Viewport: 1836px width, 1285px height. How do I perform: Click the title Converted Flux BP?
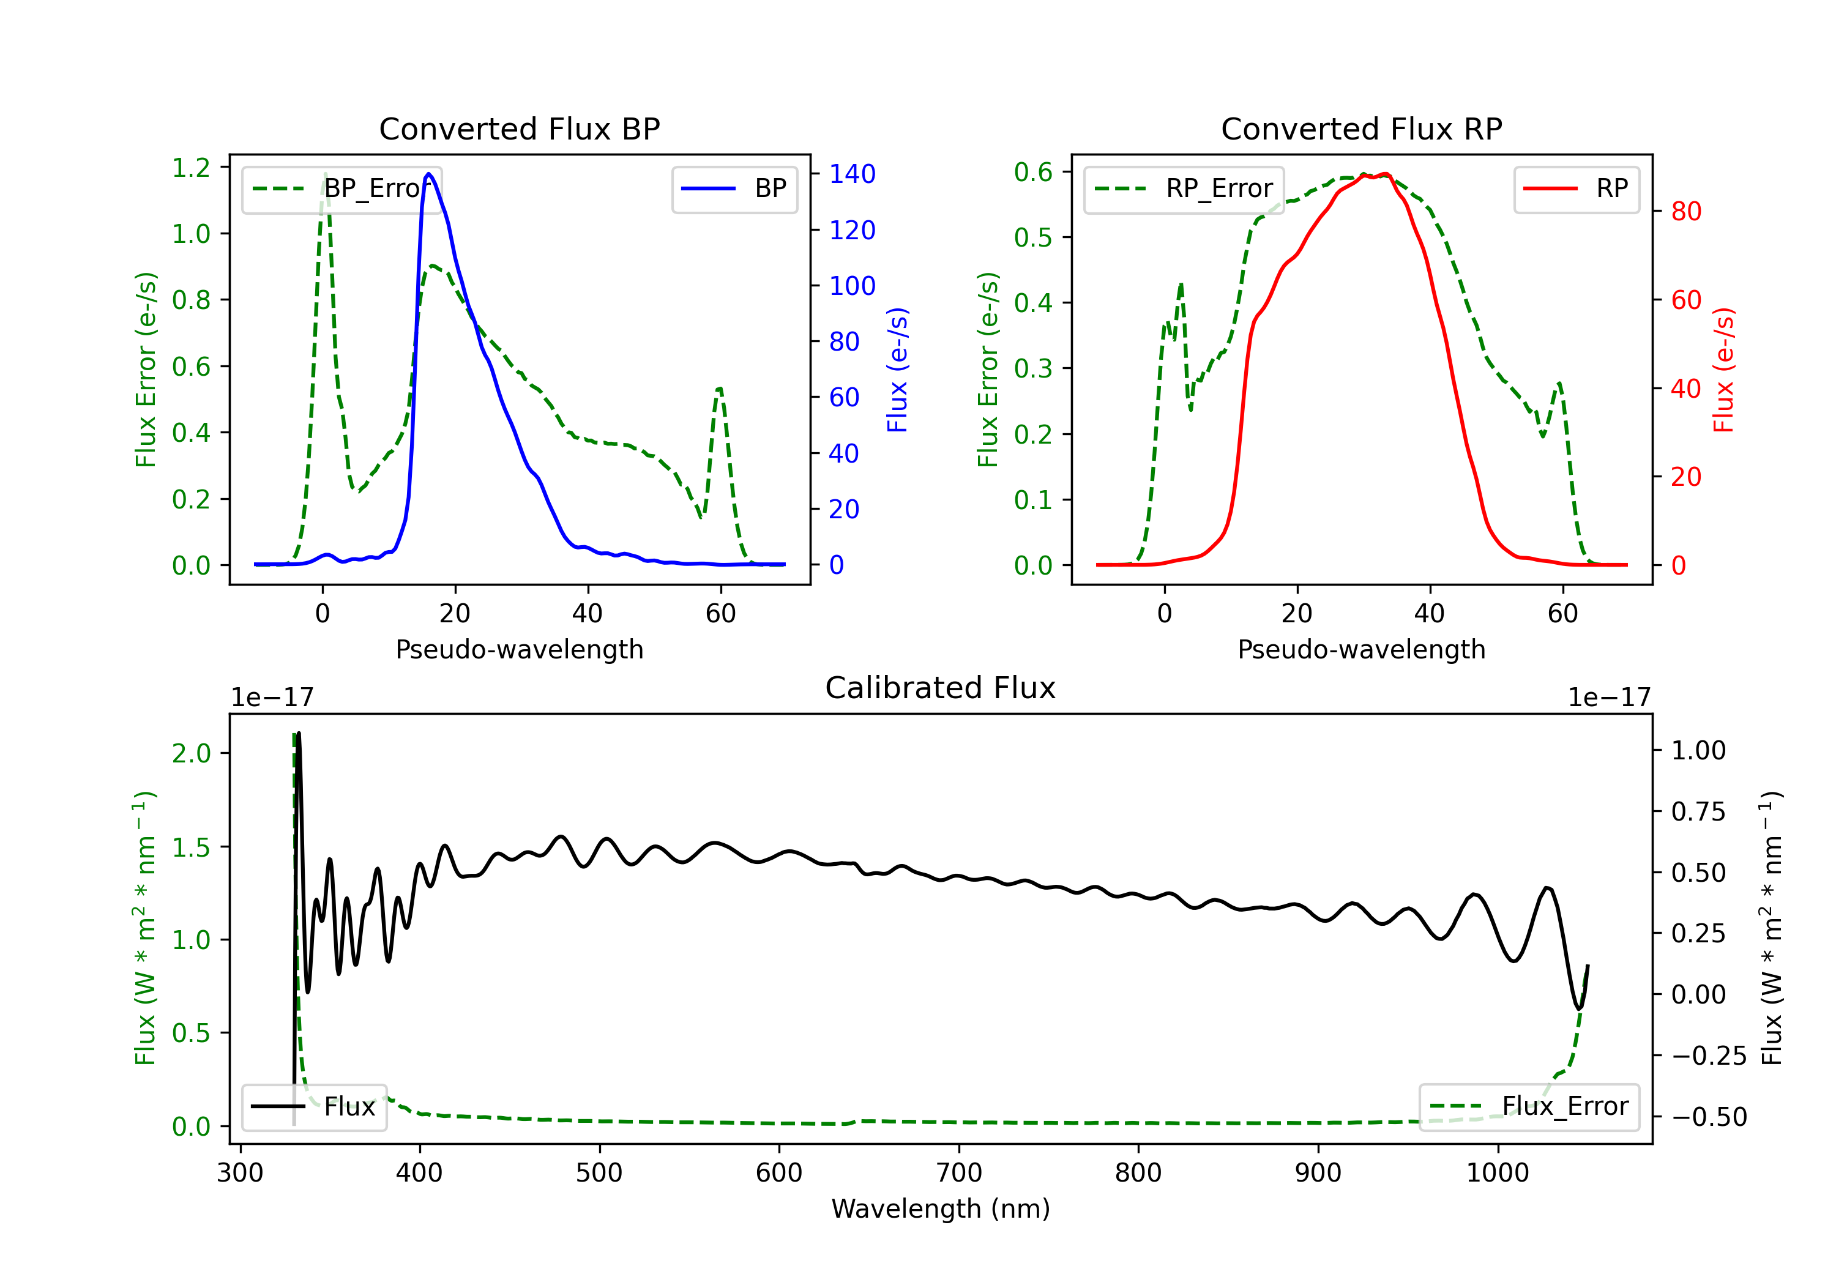(519, 128)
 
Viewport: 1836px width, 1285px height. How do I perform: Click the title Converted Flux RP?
(1361, 128)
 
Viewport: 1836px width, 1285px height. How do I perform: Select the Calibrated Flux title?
(941, 688)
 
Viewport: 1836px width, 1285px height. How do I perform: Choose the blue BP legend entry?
(734, 188)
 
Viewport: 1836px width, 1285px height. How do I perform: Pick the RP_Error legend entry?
(1184, 188)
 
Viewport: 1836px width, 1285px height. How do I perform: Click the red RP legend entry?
(1576, 188)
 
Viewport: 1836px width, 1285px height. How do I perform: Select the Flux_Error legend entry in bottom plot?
(1529, 1107)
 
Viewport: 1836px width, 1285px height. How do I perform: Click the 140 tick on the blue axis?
(853, 174)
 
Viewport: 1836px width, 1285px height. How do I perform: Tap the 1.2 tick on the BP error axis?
(191, 168)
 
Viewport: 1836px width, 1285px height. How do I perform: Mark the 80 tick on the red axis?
(1687, 212)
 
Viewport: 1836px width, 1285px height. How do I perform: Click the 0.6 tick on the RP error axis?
(1033, 172)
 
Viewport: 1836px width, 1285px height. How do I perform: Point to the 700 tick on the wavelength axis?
(959, 1173)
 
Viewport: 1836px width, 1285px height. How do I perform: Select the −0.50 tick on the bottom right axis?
(1709, 1117)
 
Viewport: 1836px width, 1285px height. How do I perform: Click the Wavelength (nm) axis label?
(941, 1209)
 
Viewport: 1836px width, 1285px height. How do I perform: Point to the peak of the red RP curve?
(1385, 174)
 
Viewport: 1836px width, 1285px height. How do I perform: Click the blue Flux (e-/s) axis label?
(898, 370)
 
